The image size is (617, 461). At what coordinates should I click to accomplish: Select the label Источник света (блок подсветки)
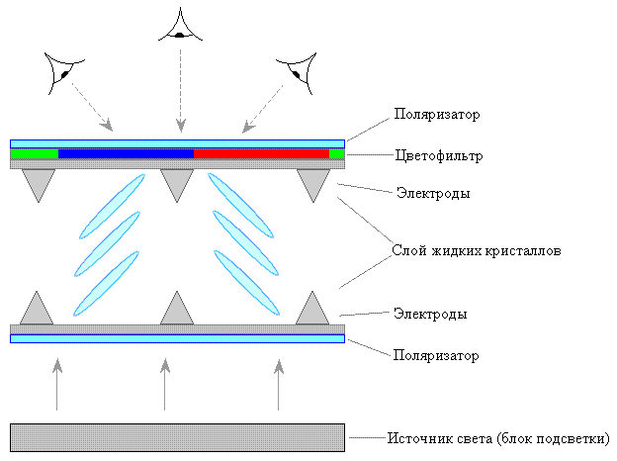pyautogui.click(x=498, y=437)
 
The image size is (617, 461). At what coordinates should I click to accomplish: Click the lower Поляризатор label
pyautogui.click(x=436, y=354)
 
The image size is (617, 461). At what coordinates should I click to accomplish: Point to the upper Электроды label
pyautogui.click(x=430, y=193)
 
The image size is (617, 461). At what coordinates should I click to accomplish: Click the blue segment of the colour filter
pyautogui.click(x=126, y=153)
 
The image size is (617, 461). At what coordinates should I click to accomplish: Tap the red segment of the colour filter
pyautogui.click(x=261, y=153)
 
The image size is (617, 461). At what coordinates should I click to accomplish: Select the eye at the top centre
pyautogui.click(x=179, y=27)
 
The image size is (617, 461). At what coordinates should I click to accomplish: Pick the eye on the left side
pyautogui.click(x=61, y=71)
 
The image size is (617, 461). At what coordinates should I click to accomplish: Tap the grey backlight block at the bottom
pyautogui.click(x=177, y=437)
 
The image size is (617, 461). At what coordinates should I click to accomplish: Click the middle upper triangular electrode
pyautogui.click(x=177, y=182)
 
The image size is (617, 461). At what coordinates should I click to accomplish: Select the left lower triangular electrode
pyautogui.click(x=38, y=311)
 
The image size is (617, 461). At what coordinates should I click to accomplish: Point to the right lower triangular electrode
pyautogui.click(x=313, y=311)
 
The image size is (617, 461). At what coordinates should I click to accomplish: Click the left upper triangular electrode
pyautogui.click(x=38, y=182)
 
